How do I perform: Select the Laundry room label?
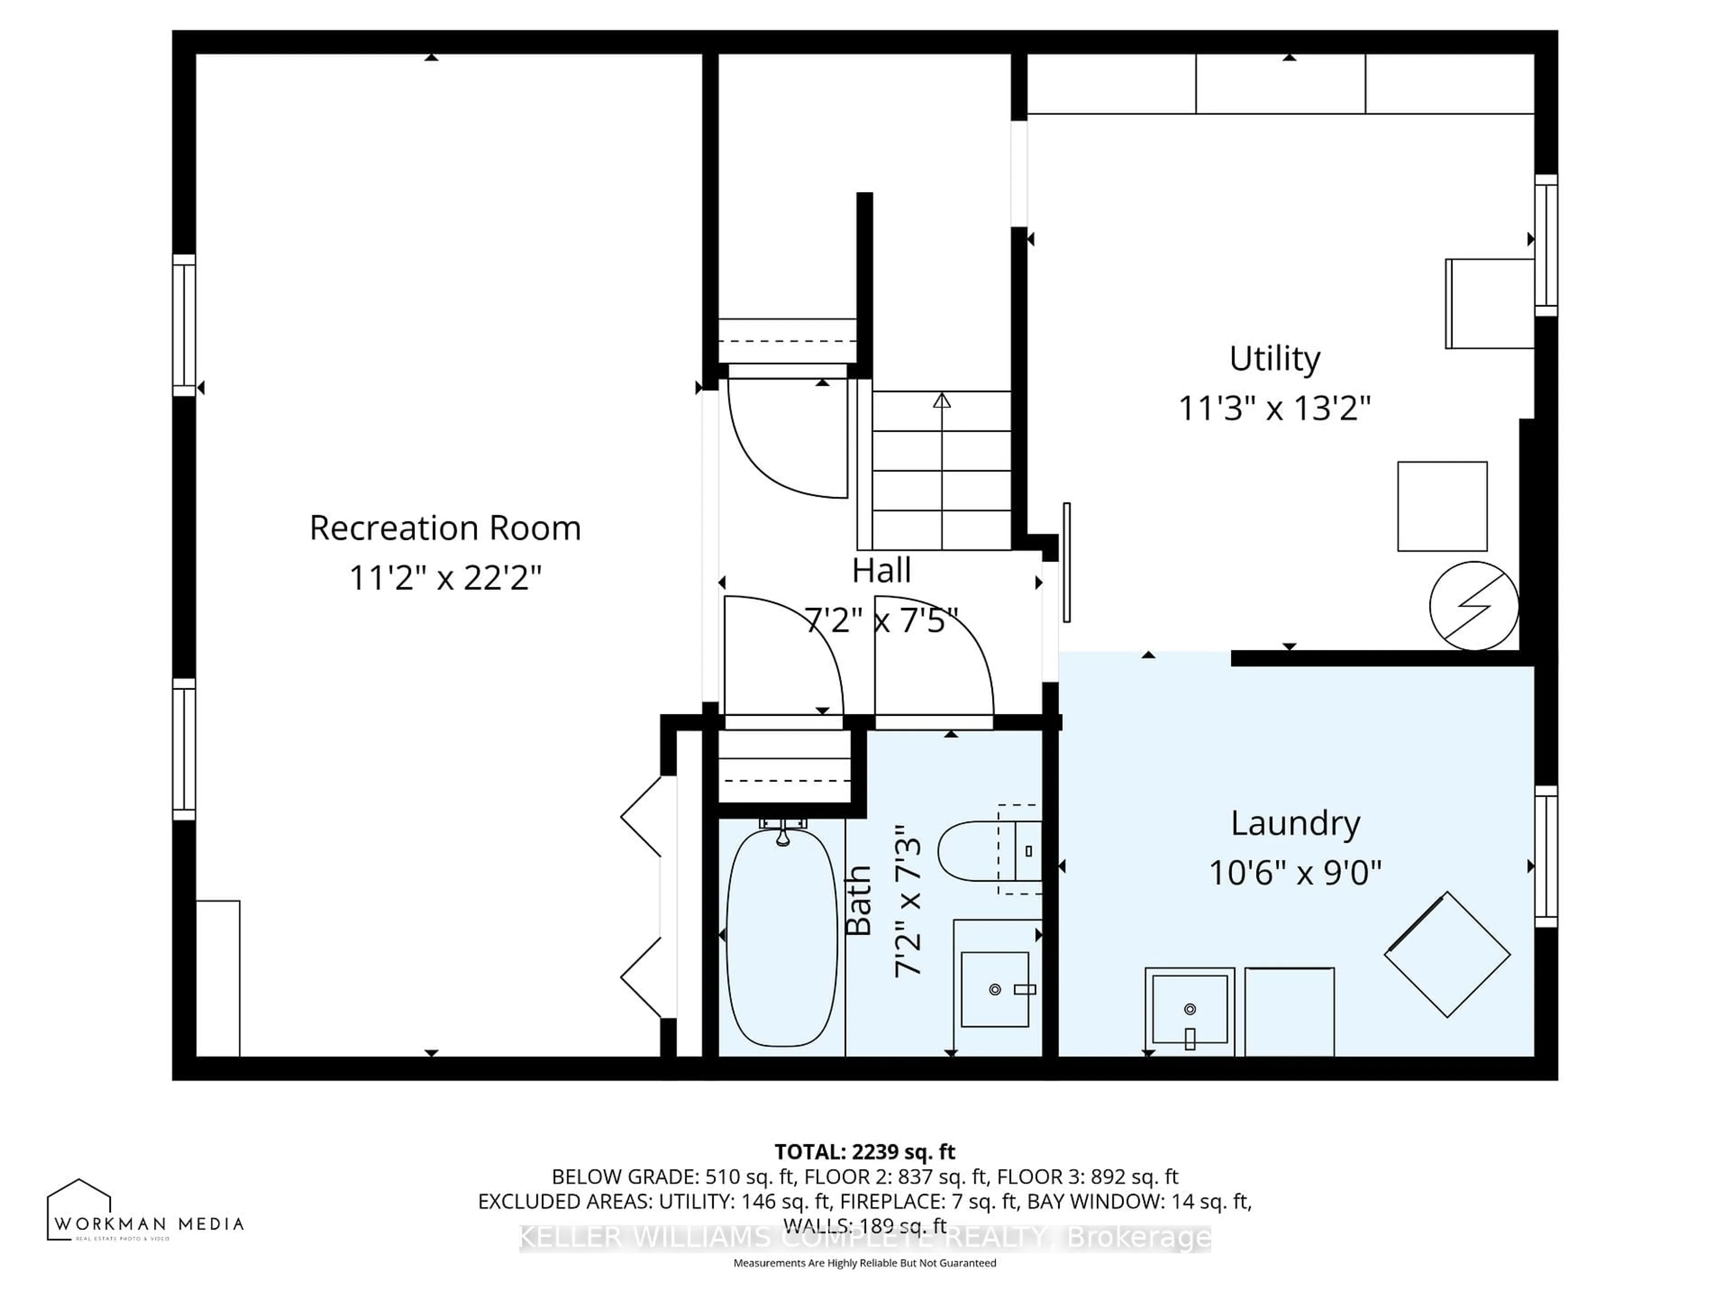1295,823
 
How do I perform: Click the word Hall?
881,571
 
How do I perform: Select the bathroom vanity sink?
994,989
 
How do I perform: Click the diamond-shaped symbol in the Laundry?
1447,955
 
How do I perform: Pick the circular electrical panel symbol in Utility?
1474,606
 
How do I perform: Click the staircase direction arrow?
942,401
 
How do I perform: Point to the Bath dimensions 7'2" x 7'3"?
907,900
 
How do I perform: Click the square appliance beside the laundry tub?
1289,1011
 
